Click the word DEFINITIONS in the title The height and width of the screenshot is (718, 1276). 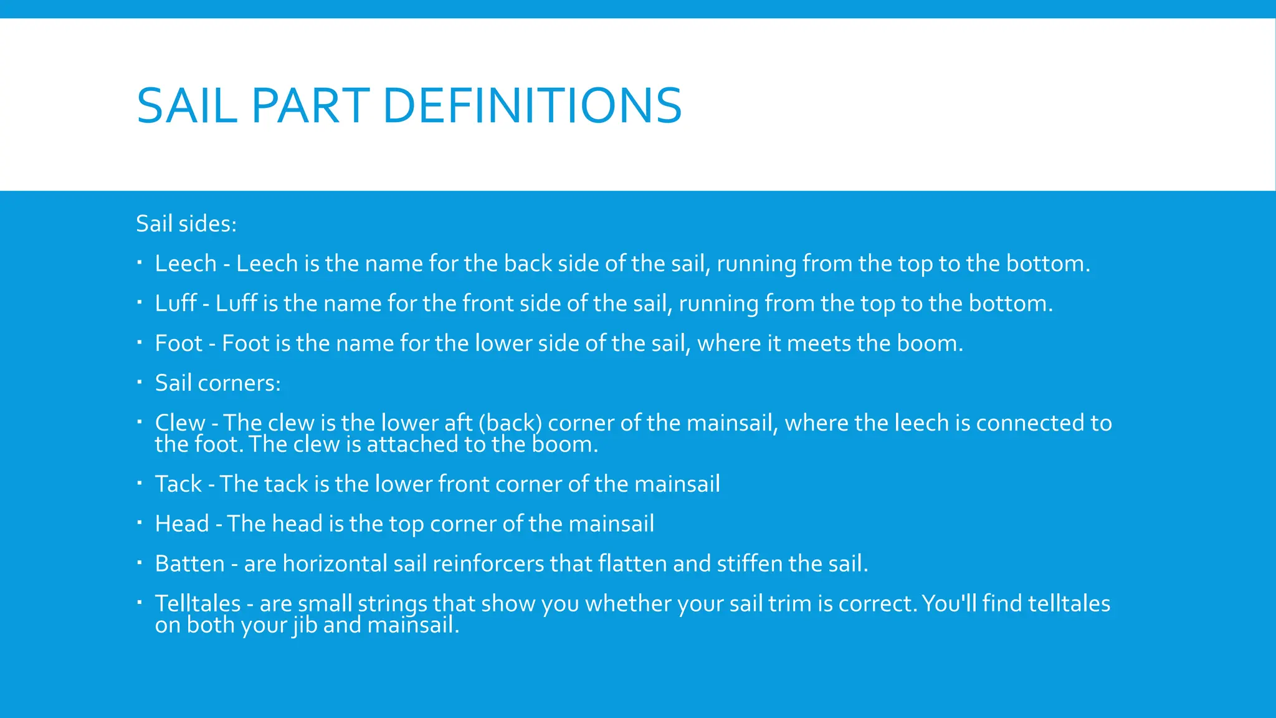(x=533, y=106)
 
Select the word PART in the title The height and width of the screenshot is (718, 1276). (x=311, y=106)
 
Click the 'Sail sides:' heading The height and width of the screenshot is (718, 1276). (x=186, y=224)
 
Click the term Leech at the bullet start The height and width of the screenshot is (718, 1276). (x=186, y=264)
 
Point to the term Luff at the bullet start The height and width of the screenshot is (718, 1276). (x=176, y=304)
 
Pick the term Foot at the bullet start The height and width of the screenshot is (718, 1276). (x=179, y=343)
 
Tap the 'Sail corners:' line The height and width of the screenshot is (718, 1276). (x=217, y=383)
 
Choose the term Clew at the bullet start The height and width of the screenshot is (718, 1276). (x=180, y=423)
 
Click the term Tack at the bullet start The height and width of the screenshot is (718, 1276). (x=178, y=484)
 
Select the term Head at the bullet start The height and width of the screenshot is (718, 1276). (x=182, y=524)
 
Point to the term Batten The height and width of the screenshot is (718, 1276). (x=189, y=564)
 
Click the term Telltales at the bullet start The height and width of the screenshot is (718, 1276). (x=198, y=604)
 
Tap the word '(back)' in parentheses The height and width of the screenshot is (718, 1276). (x=510, y=423)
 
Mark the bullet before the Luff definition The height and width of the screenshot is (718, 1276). (x=140, y=302)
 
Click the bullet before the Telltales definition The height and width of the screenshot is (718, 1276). (x=140, y=602)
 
